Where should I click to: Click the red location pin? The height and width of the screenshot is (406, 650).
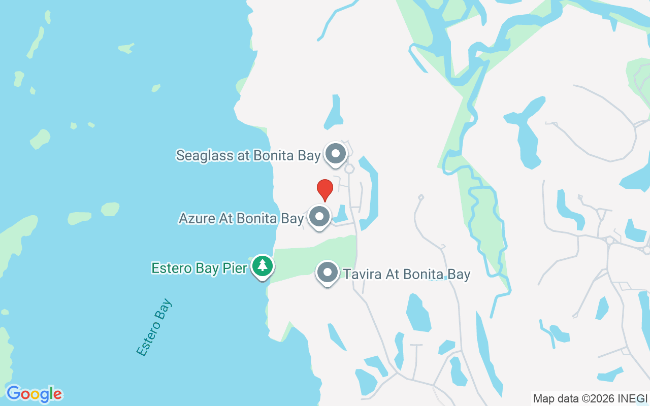coord(325,189)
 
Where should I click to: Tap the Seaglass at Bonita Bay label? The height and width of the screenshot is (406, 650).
coord(248,155)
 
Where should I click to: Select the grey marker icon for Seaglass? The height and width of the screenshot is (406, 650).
coord(335,153)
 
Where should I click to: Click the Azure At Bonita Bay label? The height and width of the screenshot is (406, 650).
coord(241,218)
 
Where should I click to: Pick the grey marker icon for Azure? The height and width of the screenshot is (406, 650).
coord(319,217)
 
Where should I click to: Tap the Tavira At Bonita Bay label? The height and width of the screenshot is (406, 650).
coord(407,275)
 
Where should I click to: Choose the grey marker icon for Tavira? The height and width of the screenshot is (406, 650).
coord(328,273)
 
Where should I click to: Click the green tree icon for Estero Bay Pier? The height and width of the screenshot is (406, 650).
coord(262,265)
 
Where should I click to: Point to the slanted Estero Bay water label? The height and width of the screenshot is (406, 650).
coord(154,327)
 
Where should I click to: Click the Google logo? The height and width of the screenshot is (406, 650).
coord(34,394)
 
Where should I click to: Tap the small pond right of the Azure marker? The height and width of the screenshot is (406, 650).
coord(341,215)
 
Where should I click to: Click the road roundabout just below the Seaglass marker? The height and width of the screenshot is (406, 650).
coord(349,168)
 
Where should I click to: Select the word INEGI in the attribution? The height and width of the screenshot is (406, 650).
coord(632,398)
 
